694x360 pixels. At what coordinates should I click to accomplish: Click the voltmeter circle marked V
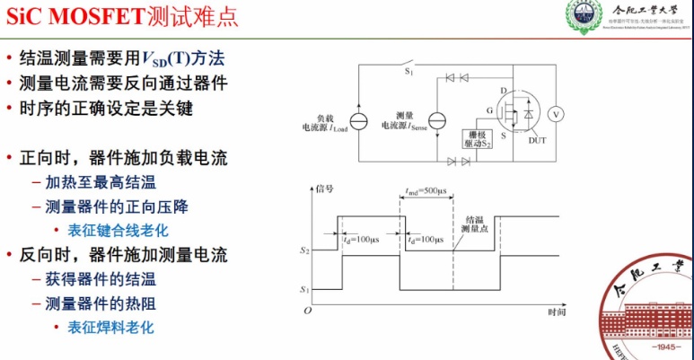(555, 114)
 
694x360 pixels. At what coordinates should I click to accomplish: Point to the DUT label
(538, 140)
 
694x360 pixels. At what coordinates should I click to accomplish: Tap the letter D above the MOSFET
(505, 90)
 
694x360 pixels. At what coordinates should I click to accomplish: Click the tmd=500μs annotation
(422, 190)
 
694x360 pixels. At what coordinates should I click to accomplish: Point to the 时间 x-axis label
(557, 312)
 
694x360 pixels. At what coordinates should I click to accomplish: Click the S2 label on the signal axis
(305, 252)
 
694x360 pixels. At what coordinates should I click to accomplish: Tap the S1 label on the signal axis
(305, 290)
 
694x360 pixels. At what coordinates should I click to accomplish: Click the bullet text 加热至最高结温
(95, 181)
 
